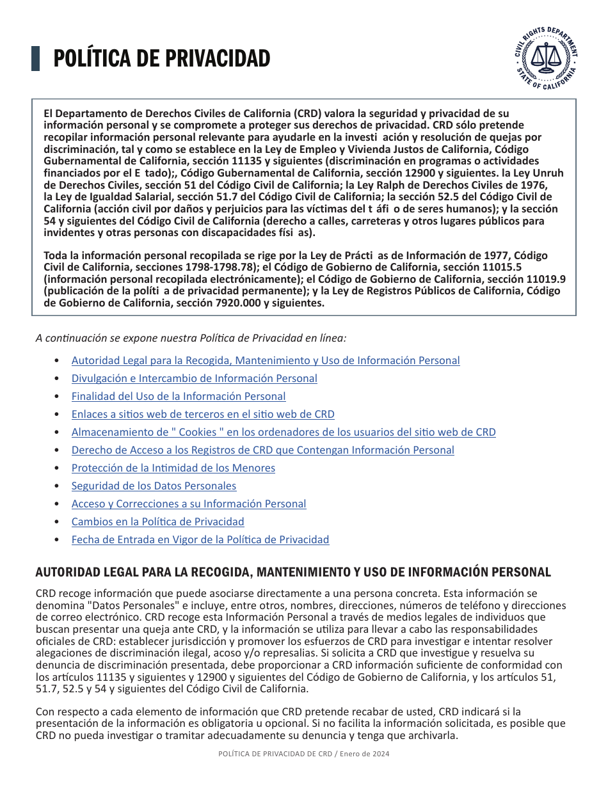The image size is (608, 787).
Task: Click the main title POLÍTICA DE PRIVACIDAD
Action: coord(161,59)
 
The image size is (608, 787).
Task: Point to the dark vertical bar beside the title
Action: coord(36,58)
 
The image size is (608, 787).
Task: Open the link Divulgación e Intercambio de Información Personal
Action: coord(194,378)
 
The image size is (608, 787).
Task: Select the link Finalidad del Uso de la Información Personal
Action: coord(179,396)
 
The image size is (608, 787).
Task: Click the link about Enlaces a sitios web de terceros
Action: coord(203,414)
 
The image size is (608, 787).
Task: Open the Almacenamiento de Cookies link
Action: coord(284,432)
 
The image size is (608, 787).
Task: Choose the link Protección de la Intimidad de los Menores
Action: coord(173,468)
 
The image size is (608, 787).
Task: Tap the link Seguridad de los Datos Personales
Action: coord(154,486)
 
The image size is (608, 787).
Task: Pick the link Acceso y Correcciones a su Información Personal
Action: coord(189,504)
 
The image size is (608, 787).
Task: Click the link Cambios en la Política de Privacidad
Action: coord(157,521)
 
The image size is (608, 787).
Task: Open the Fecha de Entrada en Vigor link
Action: coord(200,539)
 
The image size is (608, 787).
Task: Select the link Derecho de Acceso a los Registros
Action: coord(262,450)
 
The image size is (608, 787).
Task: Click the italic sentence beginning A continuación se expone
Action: coord(191,337)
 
